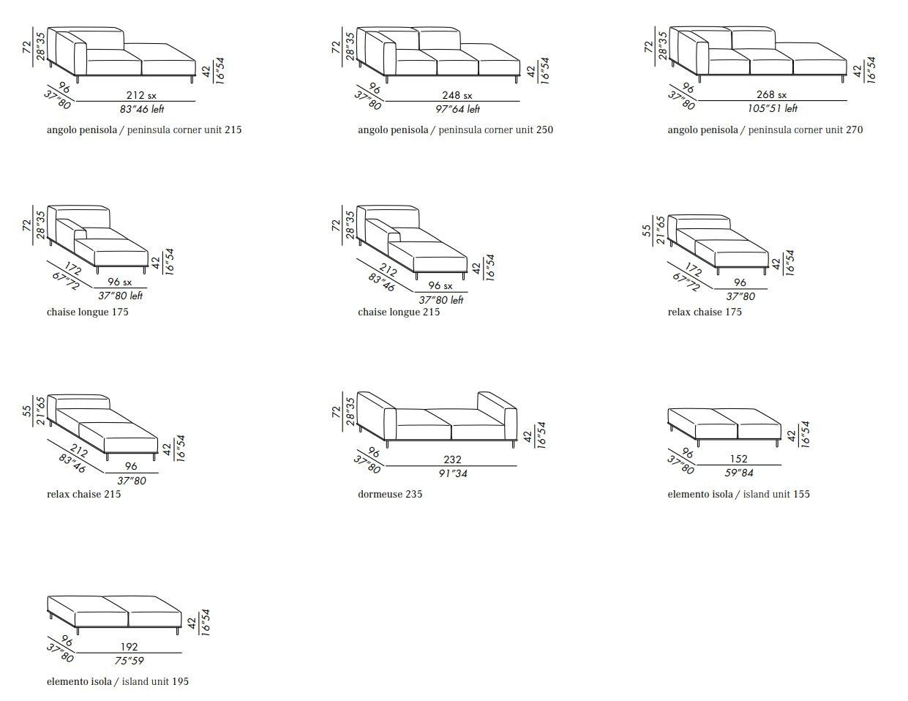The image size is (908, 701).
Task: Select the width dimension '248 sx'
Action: click(457, 95)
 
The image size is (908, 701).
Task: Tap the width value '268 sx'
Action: click(771, 95)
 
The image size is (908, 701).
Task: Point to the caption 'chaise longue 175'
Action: click(87, 312)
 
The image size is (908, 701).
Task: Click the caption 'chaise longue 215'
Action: click(399, 312)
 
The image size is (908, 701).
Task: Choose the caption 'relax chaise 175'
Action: click(704, 312)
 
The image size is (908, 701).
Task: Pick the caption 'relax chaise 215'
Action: click(83, 495)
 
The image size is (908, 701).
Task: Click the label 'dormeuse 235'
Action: click(390, 495)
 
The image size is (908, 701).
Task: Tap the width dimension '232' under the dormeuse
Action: click(452, 460)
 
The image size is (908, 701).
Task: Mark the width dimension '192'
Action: click(129, 648)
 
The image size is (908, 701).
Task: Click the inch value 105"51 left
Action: click(772, 109)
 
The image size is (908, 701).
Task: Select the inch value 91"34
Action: click(453, 473)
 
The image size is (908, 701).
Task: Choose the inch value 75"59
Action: click(129, 661)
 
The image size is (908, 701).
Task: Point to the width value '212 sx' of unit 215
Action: click(141, 95)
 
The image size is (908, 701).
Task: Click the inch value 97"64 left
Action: click(457, 109)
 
